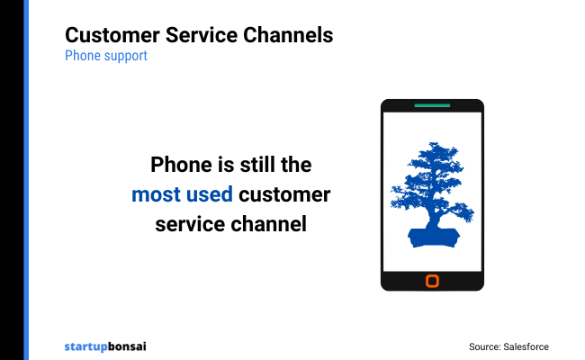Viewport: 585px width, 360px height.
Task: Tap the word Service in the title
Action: tap(200, 35)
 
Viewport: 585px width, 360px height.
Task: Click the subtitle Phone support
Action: tap(105, 56)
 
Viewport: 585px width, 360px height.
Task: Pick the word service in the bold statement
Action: tap(188, 223)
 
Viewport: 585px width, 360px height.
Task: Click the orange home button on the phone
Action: tap(432, 282)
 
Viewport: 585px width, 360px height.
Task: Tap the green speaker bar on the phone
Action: tap(432, 105)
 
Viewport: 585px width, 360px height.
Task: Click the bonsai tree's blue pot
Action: tap(432, 236)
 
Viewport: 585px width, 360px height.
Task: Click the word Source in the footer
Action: tap(484, 346)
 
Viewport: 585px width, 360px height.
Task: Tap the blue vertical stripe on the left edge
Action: tap(25, 180)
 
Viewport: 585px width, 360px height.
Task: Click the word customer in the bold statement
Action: tap(287, 193)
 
